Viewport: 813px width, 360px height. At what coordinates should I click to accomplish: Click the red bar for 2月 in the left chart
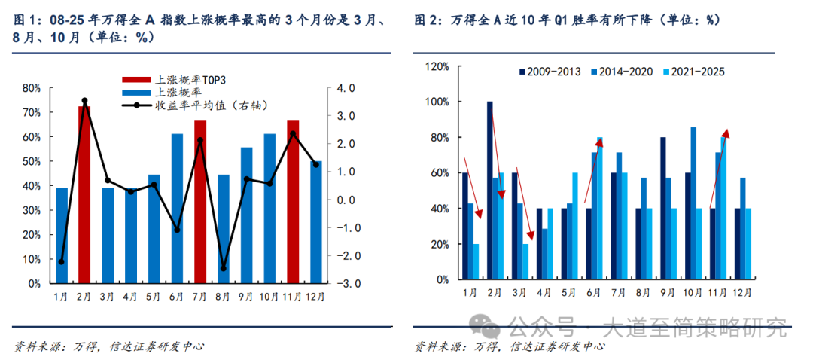coord(84,196)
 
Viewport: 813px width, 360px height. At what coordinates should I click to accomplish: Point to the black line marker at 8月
coord(224,268)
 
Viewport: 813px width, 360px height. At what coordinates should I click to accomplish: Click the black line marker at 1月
coord(61,262)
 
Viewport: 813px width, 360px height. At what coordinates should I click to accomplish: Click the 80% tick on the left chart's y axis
coord(31,88)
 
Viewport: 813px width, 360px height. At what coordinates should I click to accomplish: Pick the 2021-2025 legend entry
coord(693,72)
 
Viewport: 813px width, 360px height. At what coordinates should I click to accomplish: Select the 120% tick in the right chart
coord(437,66)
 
